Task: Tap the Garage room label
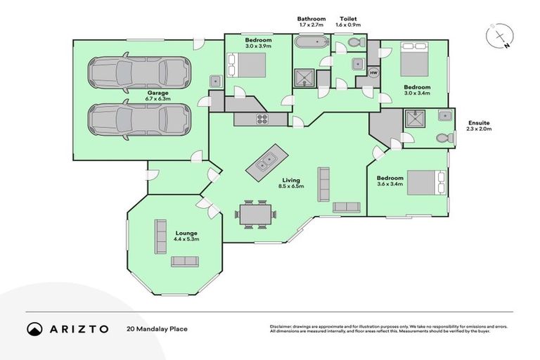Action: (157, 92)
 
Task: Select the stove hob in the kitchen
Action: (262, 119)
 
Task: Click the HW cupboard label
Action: (373, 73)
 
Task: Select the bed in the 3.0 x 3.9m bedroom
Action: (246, 65)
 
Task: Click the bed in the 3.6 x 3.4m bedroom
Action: (424, 183)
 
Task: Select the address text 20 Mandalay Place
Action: (157, 328)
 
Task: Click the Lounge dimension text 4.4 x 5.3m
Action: (186, 239)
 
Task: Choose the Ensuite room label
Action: (478, 123)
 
